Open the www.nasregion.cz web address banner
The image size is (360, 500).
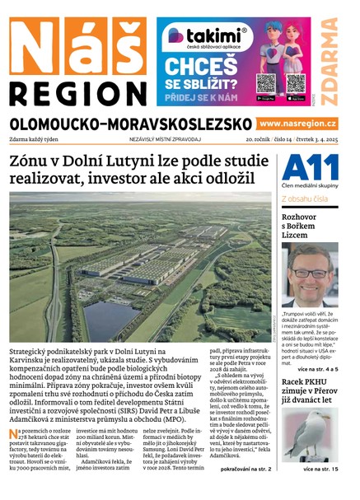(x=297, y=124)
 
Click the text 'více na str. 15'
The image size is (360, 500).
(x=320, y=470)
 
